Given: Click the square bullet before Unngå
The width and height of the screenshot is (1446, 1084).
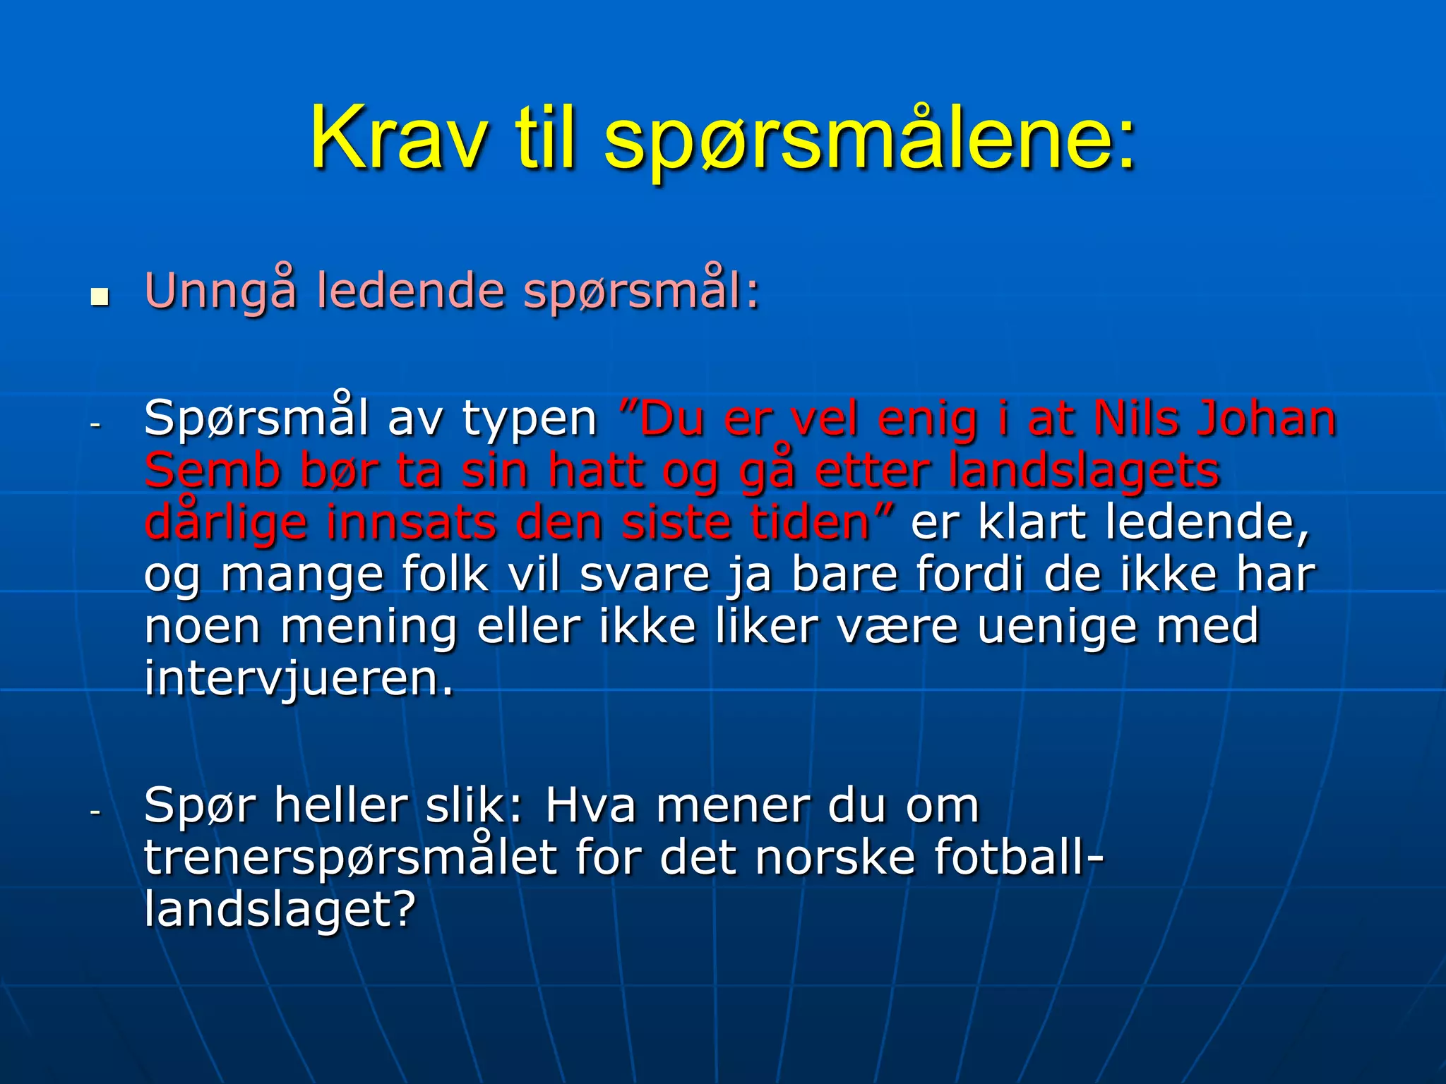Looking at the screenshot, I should tap(100, 296).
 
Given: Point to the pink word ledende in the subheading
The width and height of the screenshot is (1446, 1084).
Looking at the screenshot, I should tap(410, 291).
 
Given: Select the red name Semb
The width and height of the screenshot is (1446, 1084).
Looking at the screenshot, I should tap(213, 471).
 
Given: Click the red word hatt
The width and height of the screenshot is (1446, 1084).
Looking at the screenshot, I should tap(597, 471).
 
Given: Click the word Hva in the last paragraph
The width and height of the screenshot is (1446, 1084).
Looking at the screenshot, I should tap(590, 806).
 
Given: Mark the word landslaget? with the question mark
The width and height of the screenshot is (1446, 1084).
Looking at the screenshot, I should tap(280, 910).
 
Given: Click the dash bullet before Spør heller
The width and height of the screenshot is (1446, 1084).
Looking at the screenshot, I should tap(96, 813).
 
